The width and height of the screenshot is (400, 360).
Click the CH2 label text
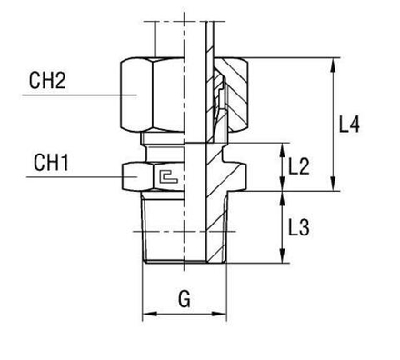pyautogui.click(x=48, y=79)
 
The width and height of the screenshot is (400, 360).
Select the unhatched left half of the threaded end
pyautogui.click(x=164, y=232)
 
